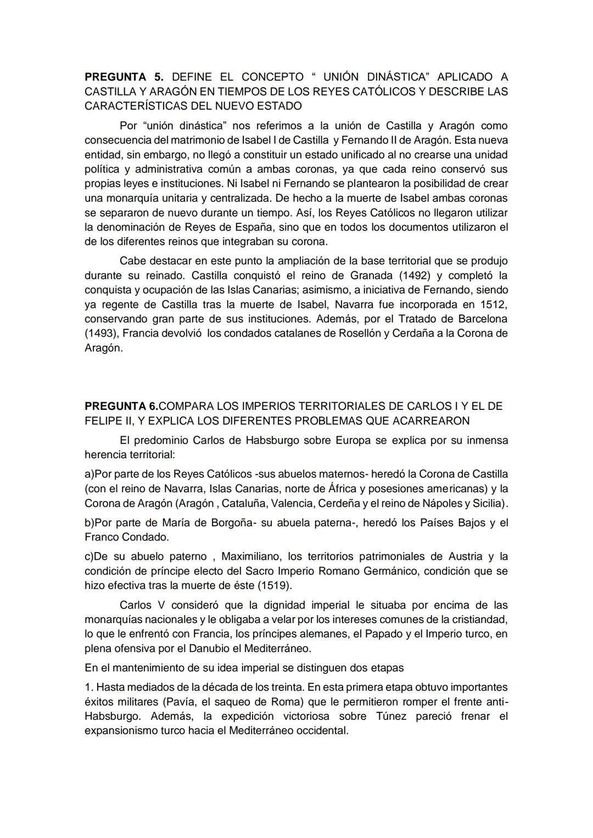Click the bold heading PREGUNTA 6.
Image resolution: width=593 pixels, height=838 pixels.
coord(121,406)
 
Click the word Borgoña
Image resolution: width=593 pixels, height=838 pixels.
coord(231,522)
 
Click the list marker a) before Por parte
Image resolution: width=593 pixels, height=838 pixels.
coord(89,474)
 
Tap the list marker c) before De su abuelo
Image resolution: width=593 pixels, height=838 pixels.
coord(89,556)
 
